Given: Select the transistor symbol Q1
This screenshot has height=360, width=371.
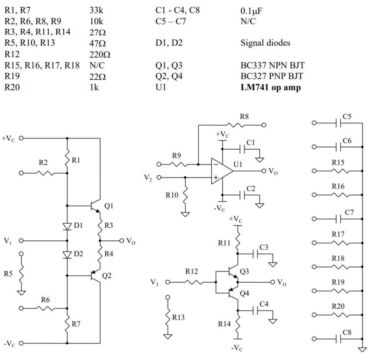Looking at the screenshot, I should pyautogui.click(x=95, y=206).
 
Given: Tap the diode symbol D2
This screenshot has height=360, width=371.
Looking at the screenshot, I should pyautogui.click(x=67, y=254).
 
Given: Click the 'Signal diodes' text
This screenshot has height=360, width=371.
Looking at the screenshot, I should pyautogui.click(x=265, y=43).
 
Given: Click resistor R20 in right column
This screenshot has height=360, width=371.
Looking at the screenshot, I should pyautogui.click(x=338, y=315).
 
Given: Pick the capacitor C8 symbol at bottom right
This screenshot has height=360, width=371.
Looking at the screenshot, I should pyautogui.click(x=338, y=339).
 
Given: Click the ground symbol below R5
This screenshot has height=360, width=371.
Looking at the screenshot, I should pyautogui.click(x=21, y=293).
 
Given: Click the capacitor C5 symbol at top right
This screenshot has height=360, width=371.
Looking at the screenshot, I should pyautogui.click(x=338, y=123).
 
